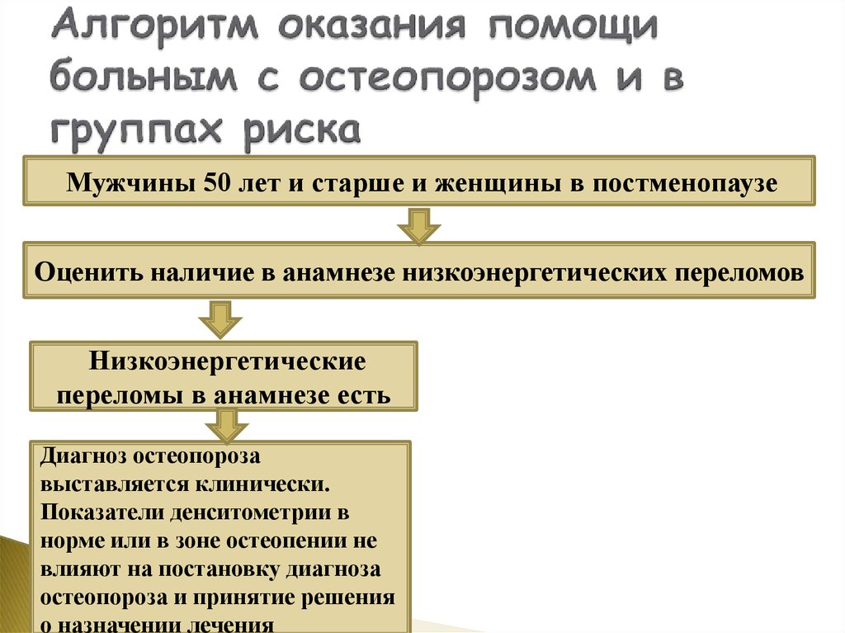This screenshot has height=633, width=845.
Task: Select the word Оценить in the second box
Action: click(88, 272)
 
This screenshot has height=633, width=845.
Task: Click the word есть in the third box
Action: click(366, 394)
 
